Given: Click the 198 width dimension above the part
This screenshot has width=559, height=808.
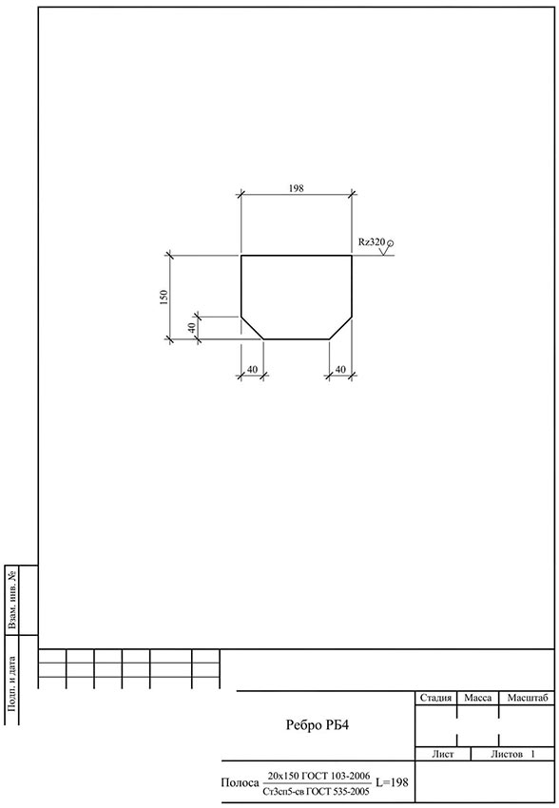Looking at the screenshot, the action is (297, 188).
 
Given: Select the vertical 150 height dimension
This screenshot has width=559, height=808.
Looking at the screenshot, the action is (164, 297).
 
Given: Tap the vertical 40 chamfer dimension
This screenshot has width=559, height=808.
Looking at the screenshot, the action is (191, 327).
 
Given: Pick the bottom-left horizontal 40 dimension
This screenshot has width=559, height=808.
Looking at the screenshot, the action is (253, 369).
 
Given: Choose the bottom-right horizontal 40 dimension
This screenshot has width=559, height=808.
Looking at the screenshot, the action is (340, 369).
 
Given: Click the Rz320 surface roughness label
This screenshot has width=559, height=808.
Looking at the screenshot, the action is (372, 241).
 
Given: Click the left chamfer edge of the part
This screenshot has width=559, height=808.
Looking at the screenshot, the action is (253, 328).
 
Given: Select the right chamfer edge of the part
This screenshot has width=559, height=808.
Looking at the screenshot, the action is (340, 328).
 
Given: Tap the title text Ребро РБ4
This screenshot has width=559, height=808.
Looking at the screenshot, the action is (318, 725).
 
